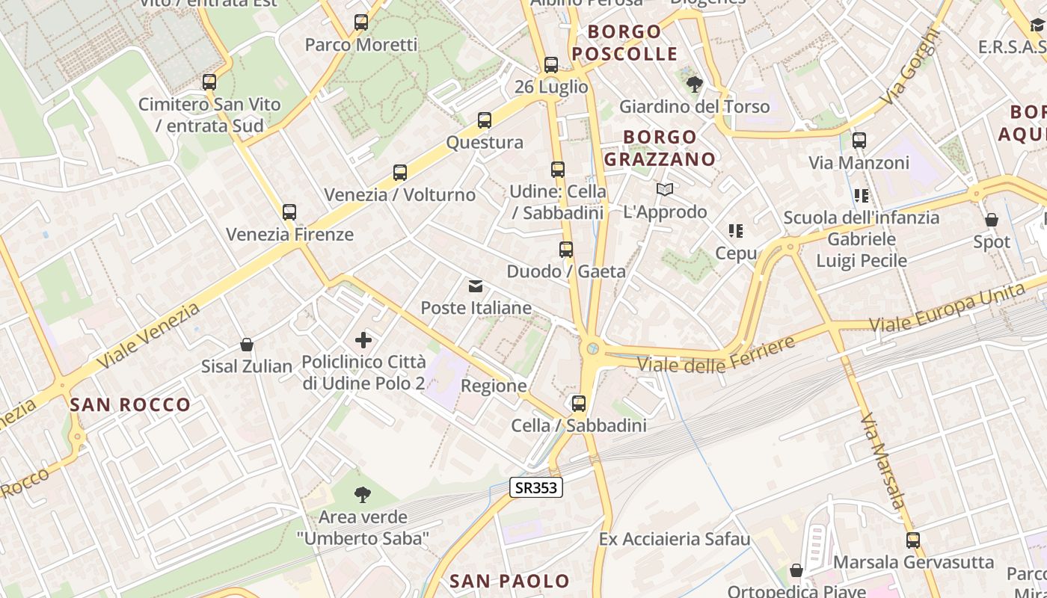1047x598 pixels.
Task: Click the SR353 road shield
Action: point(535,487)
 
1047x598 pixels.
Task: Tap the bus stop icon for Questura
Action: point(485,120)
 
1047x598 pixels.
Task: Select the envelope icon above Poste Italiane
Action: point(476,286)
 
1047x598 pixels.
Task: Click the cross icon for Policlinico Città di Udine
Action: point(363,341)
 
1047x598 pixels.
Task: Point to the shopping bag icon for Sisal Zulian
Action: point(247,345)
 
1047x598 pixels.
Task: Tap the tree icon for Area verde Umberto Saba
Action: point(363,494)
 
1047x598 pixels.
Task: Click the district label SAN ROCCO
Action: point(131,405)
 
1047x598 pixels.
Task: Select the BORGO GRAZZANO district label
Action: point(660,148)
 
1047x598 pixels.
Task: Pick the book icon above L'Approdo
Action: point(665,190)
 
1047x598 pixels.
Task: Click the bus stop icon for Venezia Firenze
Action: point(289,212)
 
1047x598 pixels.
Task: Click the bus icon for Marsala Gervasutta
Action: point(913,540)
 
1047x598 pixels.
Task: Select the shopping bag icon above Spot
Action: point(992,220)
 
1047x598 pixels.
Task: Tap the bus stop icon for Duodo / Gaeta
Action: point(566,249)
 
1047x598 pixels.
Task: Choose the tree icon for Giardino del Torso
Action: point(695,84)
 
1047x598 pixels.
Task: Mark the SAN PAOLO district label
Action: point(509,581)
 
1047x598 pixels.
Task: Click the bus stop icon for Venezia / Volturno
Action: point(400,173)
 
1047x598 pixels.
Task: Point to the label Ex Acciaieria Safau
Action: point(675,539)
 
